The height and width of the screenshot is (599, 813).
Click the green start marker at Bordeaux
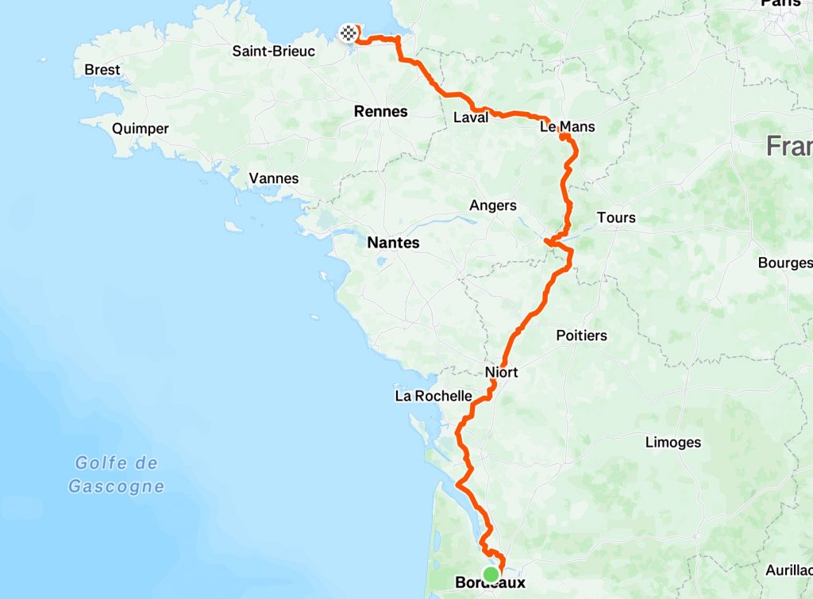point(491,574)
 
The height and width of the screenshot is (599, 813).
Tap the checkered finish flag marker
point(348,33)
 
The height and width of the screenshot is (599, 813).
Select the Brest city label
point(102,70)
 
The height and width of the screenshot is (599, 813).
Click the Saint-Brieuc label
point(273,52)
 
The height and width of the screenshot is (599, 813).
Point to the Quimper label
point(141,129)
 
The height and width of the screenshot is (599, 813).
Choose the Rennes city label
point(381,112)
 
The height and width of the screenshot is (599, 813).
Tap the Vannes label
point(274,179)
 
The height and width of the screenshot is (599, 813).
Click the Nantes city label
point(393,243)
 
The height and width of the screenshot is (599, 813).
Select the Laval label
point(471,118)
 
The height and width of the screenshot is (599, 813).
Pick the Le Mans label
point(567,127)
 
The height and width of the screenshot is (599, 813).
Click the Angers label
point(493,205)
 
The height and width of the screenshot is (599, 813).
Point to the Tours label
point(616,217)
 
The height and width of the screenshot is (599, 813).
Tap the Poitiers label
point(581,336)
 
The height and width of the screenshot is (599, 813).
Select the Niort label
point(501,371)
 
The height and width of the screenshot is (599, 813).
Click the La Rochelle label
point(433,396)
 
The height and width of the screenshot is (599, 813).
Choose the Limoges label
point(673,442)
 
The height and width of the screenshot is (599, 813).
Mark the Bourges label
point(785,263)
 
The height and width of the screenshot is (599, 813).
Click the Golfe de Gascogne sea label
point(117,474)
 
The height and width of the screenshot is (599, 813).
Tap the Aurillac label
point(789,570)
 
